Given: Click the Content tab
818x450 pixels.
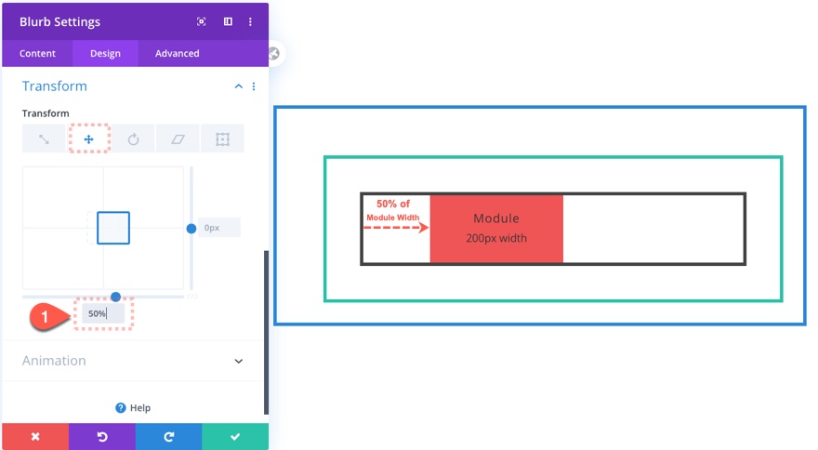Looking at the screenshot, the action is click(37, 53).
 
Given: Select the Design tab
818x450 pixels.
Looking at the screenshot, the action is click(105, 53).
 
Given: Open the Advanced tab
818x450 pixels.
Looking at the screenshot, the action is click(177, 53).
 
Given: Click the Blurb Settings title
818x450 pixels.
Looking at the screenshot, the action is click(59, 22).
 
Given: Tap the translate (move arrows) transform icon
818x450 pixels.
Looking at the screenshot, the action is click(88, 139).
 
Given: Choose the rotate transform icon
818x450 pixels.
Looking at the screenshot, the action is click(134, 139).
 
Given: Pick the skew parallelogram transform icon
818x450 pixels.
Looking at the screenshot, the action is click(178, 139).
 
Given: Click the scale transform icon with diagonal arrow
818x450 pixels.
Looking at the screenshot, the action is click(44, 139).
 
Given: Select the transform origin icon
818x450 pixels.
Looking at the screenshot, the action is click(223, 139).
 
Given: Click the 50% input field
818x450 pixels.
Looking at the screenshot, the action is click(103, 313).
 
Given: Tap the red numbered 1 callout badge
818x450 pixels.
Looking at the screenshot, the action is click(46, 316).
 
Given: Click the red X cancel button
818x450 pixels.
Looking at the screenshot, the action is click(35, 436).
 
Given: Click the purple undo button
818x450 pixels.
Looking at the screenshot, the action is click(102, 436).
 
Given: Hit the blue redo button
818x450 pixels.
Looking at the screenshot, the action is click(168, 436).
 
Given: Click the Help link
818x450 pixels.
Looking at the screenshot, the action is click(133, 408).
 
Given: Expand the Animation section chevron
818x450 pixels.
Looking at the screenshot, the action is click(238, 361).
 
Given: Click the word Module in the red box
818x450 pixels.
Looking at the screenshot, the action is click(496, 218).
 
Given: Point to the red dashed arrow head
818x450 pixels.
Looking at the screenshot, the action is click(424, 228).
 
